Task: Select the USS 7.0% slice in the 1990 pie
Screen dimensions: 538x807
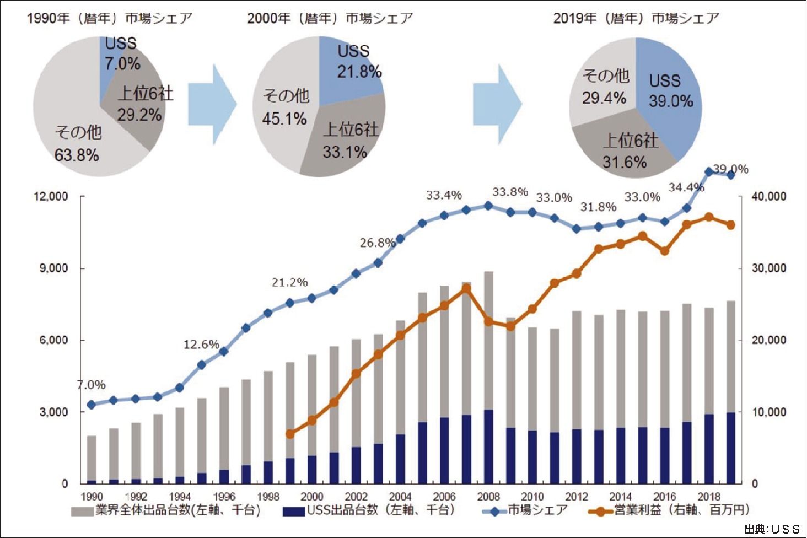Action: (113, 61)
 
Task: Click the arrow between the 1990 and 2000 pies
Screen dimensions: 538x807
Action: (212, 104)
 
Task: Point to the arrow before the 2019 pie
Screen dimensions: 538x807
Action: (497, 104)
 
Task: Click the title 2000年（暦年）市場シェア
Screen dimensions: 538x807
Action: (330, 18)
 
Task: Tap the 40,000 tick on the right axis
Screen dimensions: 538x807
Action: (770, 197)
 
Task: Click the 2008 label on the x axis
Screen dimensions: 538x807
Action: (488, 497)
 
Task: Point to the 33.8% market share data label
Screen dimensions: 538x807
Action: (510, 192)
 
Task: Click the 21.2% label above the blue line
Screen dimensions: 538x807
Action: (289, 283)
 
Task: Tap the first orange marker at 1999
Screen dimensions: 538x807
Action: (290, 434)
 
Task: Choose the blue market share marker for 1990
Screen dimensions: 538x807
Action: (92, 405)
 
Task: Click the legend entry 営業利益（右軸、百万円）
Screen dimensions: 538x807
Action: (681, 510)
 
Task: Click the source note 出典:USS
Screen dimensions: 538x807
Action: (772, 529)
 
